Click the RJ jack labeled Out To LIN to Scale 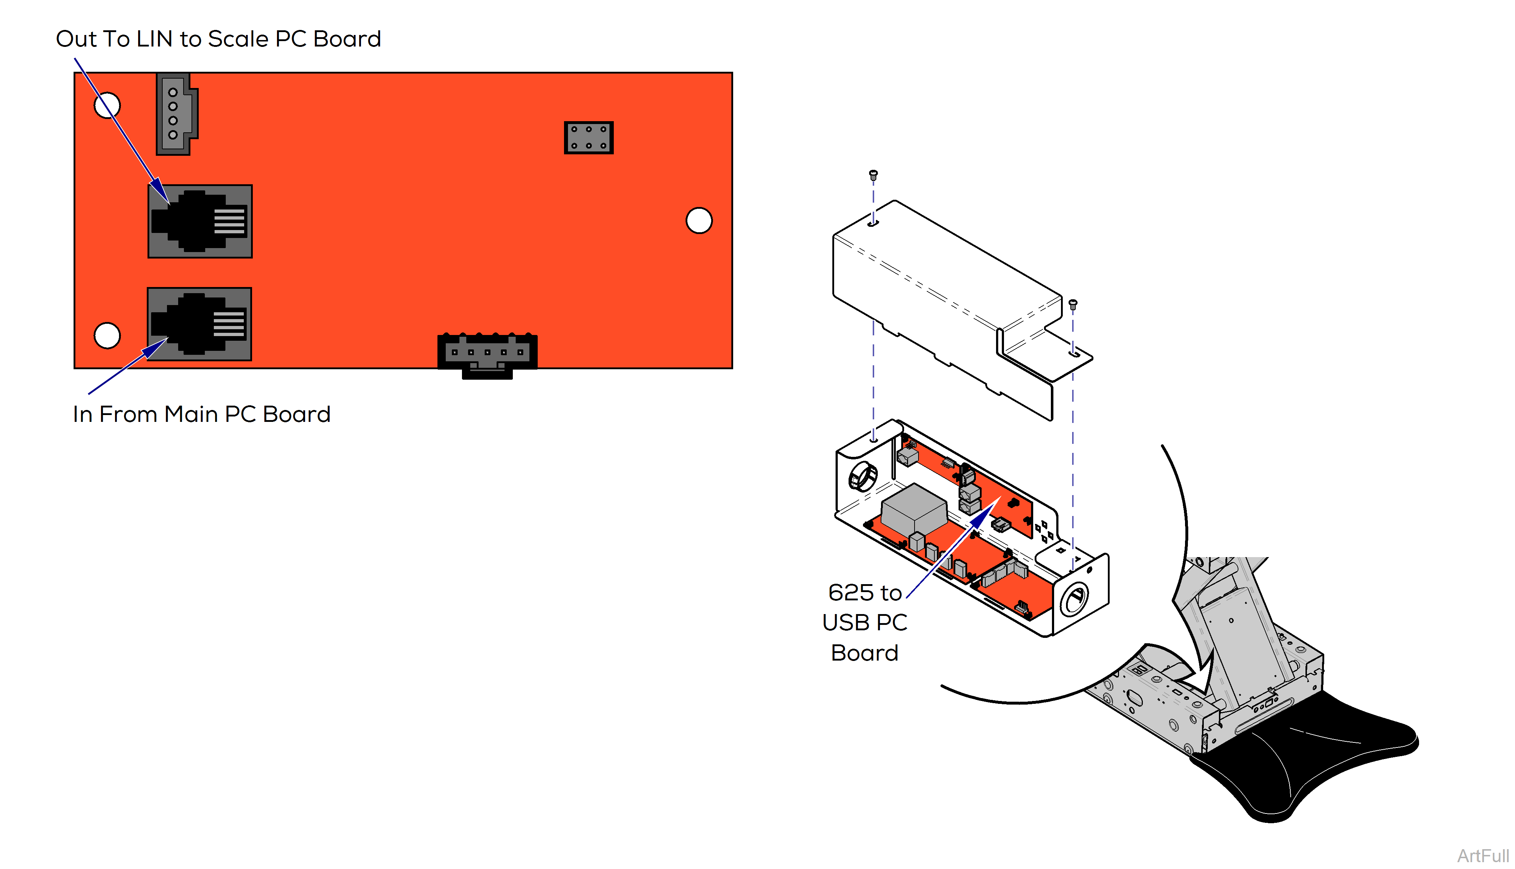[200, 221]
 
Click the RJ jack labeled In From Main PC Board [199, 324]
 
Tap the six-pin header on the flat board [589, 138]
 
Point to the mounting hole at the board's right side [699, 220]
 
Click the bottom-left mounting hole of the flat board [107, 335]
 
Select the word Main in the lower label [191, 414]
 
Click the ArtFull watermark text [1483, 855]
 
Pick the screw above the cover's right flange [1073, 304]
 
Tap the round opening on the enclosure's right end [1074, 599]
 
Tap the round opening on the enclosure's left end [863, 476]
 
